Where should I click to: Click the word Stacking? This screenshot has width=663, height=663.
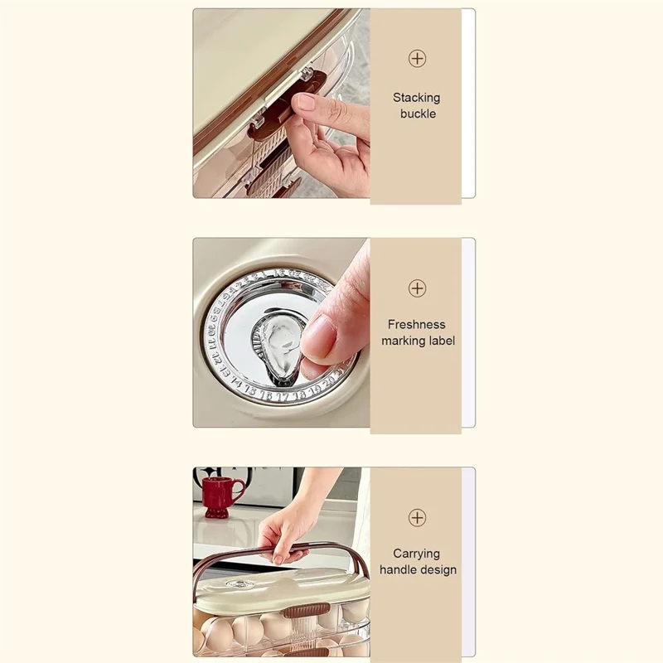[417, 98]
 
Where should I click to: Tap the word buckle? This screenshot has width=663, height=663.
[418, 114]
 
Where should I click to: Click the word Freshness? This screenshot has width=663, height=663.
[417, 325]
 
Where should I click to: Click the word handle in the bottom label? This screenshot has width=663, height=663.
[397, 569]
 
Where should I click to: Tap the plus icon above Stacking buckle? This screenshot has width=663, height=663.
[417, 59]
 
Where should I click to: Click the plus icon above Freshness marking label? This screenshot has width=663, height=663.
[417, 288]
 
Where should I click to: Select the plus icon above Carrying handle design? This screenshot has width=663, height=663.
[417, 517]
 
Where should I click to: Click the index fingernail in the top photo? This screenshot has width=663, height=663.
[305, 102]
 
